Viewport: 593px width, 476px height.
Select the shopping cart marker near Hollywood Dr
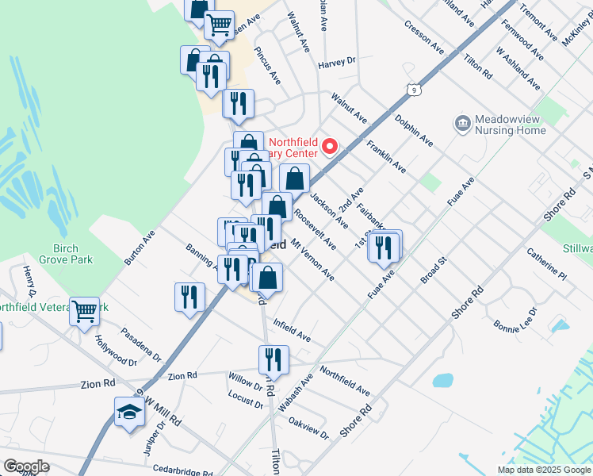(85, 311)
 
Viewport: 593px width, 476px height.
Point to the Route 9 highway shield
(413, 90)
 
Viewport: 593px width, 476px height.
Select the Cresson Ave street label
(424, 38)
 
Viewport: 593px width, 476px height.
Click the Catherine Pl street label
(547, 265)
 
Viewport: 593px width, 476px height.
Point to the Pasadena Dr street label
(140, 344)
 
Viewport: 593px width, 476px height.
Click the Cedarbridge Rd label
(183, 470)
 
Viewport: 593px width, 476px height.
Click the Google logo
(26, 466)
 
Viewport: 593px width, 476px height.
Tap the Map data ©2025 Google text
(543, 470)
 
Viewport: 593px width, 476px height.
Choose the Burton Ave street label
(140, 248)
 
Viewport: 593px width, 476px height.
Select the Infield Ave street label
(292, 329)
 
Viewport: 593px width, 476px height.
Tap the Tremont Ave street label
(537, 23)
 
